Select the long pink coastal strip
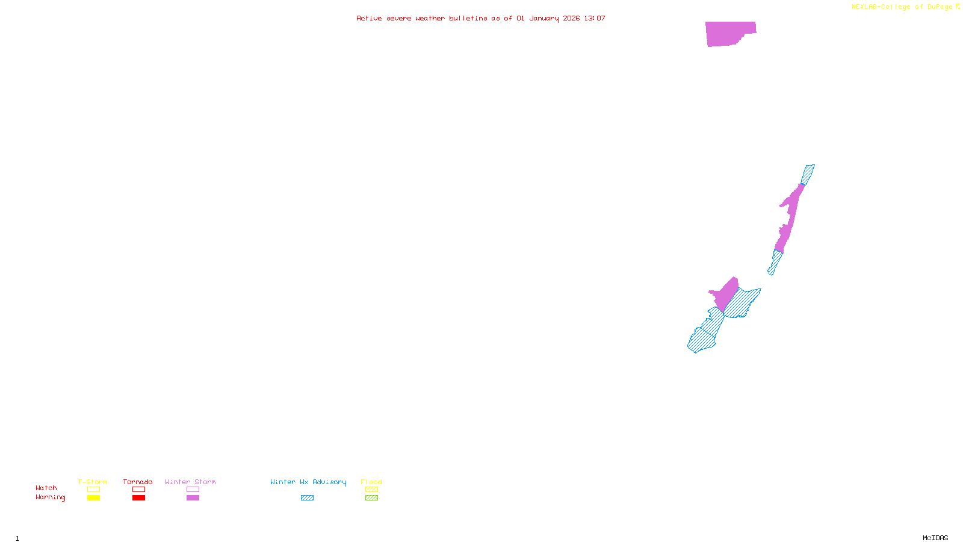coord(790,217)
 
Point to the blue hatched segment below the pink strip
coord(776,261)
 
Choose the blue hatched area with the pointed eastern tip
coord(743,303)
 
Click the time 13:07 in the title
coord(595,18)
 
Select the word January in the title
coord(544,18)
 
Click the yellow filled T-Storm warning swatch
coord(93,498)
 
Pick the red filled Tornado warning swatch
coord(138,498)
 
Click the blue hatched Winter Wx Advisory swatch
coord(307,498)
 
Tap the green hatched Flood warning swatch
coord(371,498)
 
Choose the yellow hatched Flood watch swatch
coord(371,490)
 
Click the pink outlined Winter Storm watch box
coord(193,490)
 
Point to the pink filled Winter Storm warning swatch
coord(193,498)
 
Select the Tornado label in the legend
coord(138,482)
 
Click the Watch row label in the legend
coord(46,488)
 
